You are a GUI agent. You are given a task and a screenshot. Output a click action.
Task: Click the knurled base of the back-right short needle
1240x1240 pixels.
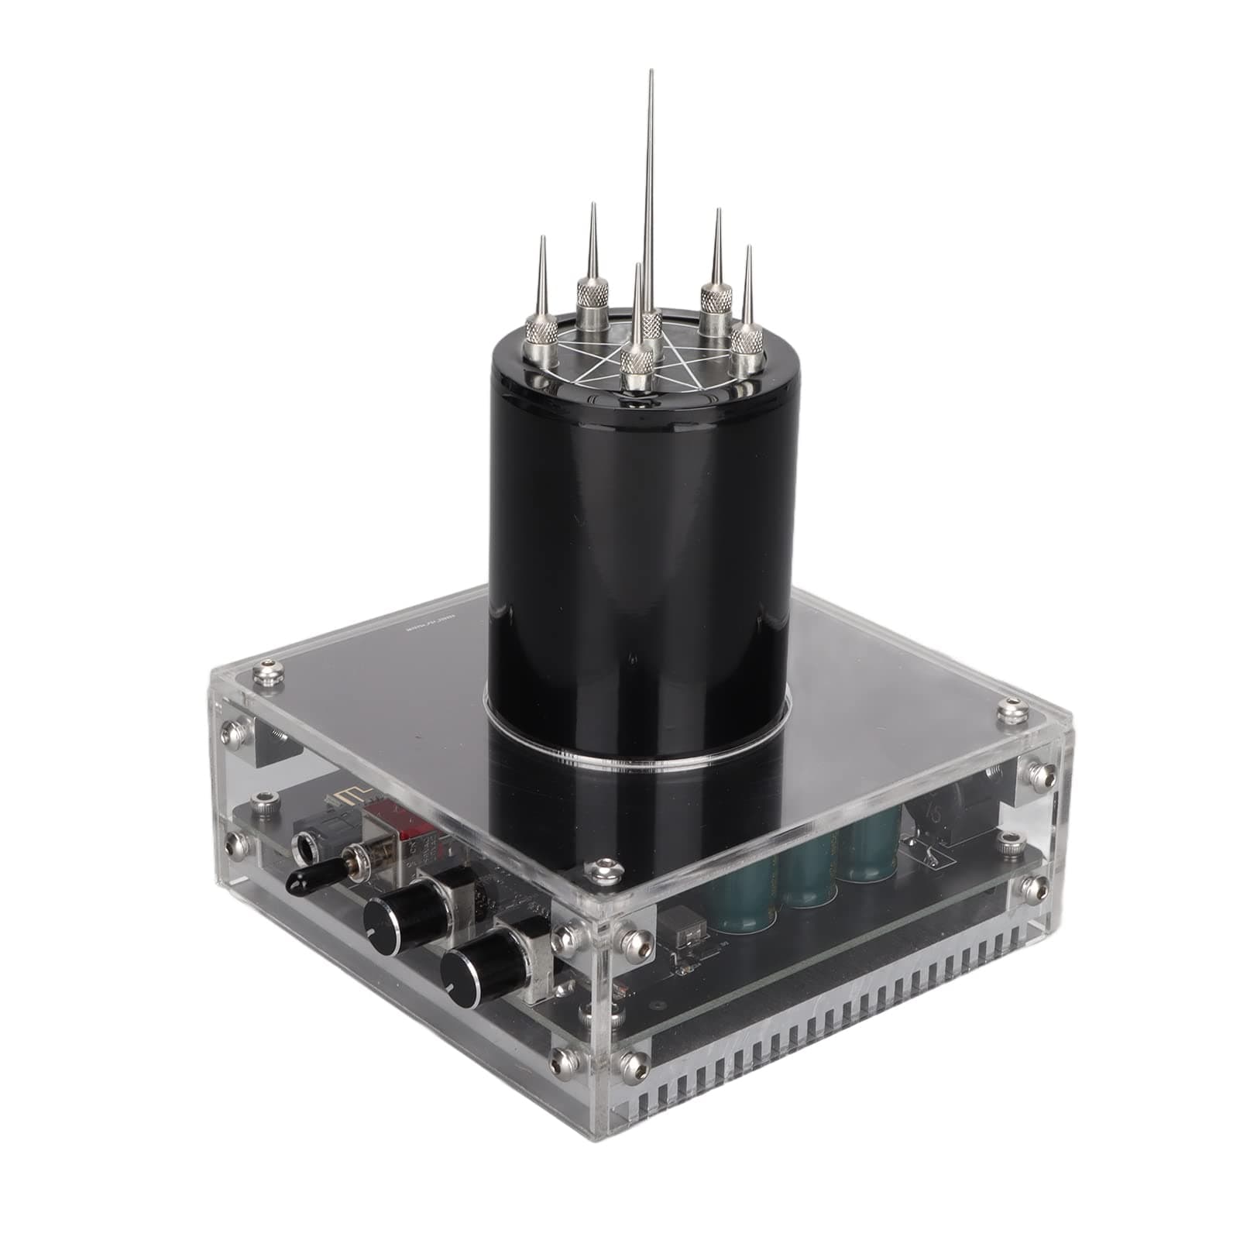[716, 298]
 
